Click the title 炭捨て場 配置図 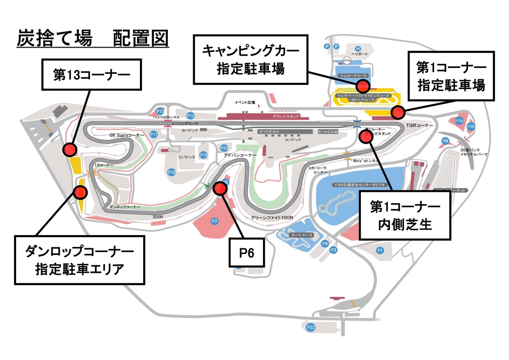pyautogui.click(x=92, y=39)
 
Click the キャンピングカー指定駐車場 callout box pyautogui.click(x=250, y=59)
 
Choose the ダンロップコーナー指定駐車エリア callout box pyautogui.click(x=79, y=261)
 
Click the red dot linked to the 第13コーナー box pyautogui.click(x=70, y=149)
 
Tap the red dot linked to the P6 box pyautogui.click(x=220, y=188)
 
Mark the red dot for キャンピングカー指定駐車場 pyautogui.click(x=362, y=86)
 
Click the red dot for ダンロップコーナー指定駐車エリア pyautogui.click(x=81, y=192)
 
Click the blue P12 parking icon pyautogui.click(x=190, y=115)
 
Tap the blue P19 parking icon pyautogui.click(x=203, y=155)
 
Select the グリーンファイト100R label pyautogui.click(x=272, y=218)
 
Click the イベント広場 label pyautogui.click(x=245, y=102)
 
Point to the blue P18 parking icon pyautogui.click(x=172, y=172)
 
